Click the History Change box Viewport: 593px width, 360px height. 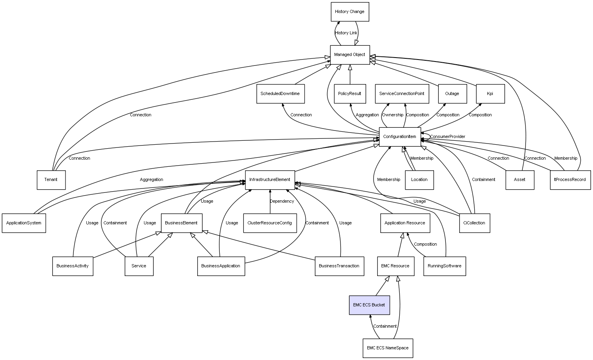click(350, 12)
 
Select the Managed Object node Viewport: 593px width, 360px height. click(350, 55)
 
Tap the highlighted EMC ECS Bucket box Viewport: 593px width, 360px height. click(369, 305)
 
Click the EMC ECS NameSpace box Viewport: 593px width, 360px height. click(387, 348)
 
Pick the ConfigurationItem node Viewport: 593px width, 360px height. click(400, 137)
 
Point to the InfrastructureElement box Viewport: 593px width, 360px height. click(270, 180)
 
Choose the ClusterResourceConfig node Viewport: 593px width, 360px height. click(270, 223)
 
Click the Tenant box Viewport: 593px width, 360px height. click(51, 180)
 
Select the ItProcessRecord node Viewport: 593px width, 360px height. click(570, 180)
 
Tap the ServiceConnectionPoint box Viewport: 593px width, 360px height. click(402, 94)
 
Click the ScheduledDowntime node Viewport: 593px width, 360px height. click(280, 94)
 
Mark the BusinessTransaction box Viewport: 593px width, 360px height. click(339, 266)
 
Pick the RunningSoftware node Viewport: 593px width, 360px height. click(445, 266)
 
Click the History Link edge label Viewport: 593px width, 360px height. click(346, 33)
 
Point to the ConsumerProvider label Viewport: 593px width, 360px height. click(447, 137)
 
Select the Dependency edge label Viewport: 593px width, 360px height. click(282, 201)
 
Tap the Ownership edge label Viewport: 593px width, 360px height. click(393, 115)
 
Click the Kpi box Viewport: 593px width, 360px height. click(490, 94)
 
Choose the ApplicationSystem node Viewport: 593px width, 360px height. click(24, 223)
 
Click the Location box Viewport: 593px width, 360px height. click(419, 180)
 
